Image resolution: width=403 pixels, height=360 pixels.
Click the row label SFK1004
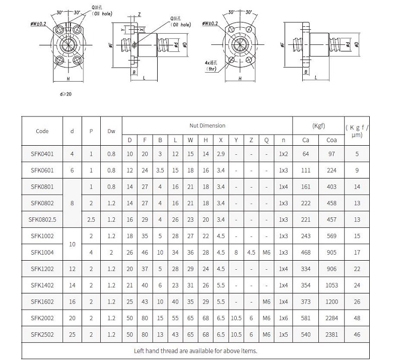pyautogui.click(x=42, y=252)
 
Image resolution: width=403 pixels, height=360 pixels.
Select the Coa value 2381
pyautogui.click(x=331, y=334)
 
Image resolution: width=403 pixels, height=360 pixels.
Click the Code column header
pyautogui.click(x=42, y=131)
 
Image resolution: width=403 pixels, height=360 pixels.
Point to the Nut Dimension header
pyautogui.click(x=207, y=126)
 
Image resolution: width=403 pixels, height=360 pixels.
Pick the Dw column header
pyautogui.click(x=111, y=131)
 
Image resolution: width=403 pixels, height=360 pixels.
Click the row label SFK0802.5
pyautogui.click(x=42, y=219)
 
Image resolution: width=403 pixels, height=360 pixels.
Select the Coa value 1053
pyautogui.click(x=331, y=285)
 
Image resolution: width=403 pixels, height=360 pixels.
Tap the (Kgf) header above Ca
pyautogui.click(x=318, y=125)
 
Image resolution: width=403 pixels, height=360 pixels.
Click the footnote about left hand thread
pyautogui.click(x=196, y=350)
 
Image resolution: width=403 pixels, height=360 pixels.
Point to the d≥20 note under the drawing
pyautogui.click(x=65, y=94)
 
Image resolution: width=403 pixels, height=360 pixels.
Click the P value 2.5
pyautogui.click(x=91, y=219)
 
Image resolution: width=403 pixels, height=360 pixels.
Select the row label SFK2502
pyautogui.click(x=42, y=334)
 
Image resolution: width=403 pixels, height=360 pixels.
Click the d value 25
pyautogui.click(x=72, y=334)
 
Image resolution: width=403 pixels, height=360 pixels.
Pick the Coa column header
pyautogui.click(x=331, y=140)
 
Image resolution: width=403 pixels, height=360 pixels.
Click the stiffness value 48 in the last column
pyautogui.click(x=357, y=318)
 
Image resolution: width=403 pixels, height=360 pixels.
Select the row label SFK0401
pyautogui.click(x=42, y=154)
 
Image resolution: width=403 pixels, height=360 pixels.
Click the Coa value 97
pyautogui.click(x=331, y=154)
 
